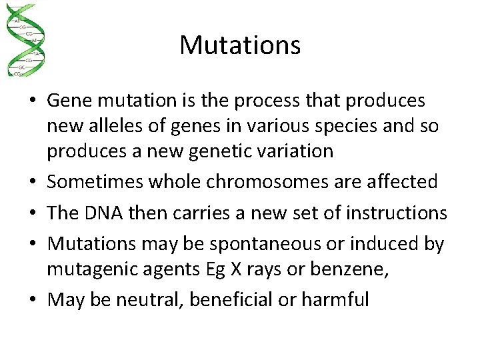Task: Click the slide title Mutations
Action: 240,45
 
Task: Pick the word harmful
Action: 335,299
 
